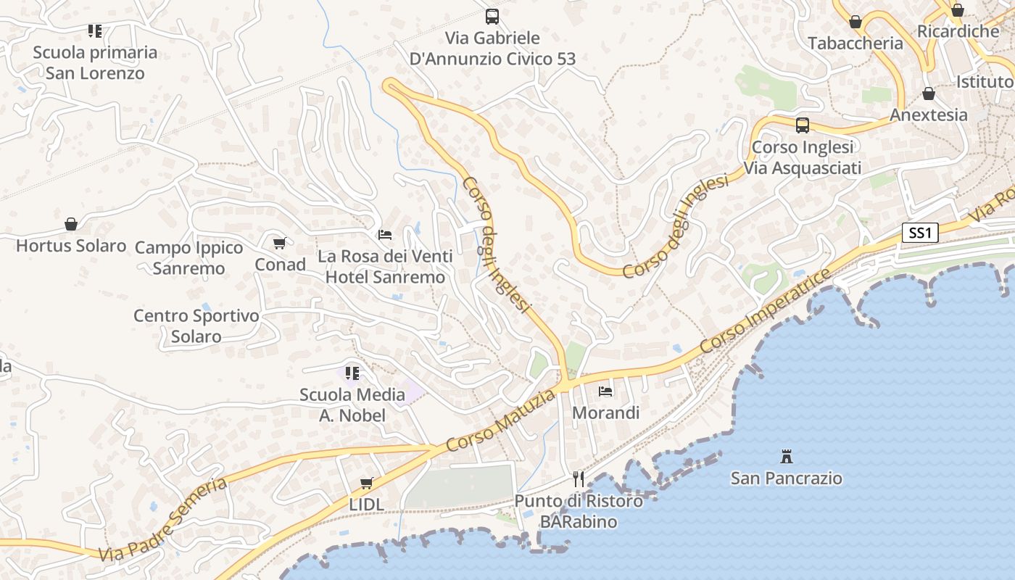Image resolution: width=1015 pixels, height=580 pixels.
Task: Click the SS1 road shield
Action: pos(920,233)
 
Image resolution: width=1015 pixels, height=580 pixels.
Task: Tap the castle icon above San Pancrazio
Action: pos(787,457)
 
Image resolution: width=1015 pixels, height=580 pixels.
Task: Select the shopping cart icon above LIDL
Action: pos(367,483)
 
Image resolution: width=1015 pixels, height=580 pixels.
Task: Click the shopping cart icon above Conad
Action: pos(279,244)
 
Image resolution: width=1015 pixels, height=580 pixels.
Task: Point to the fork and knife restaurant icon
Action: pos(579,479)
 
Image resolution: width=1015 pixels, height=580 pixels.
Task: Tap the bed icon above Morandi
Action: pos(605,391)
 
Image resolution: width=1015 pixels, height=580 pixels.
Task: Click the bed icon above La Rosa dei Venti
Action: pos(385,235)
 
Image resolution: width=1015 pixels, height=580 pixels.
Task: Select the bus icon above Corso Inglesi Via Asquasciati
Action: pos(803,125)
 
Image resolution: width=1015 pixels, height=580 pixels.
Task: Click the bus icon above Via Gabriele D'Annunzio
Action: pos(492,16)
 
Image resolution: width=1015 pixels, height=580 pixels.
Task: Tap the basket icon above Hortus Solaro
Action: pos(71,224)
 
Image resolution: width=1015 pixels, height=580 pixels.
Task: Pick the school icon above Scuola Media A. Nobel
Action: pos(352,373)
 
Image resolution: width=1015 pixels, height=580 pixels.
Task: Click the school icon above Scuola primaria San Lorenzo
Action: pos(95,31)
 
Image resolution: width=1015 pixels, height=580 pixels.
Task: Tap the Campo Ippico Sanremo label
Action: pos(189,258)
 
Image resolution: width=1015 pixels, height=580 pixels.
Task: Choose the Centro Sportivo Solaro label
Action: pos(196,326)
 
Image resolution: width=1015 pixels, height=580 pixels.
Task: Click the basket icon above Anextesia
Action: pos(929,94)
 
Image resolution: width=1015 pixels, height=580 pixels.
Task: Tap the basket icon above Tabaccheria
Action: pos(855,22)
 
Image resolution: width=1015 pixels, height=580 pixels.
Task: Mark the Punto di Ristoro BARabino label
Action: pos(579,511)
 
